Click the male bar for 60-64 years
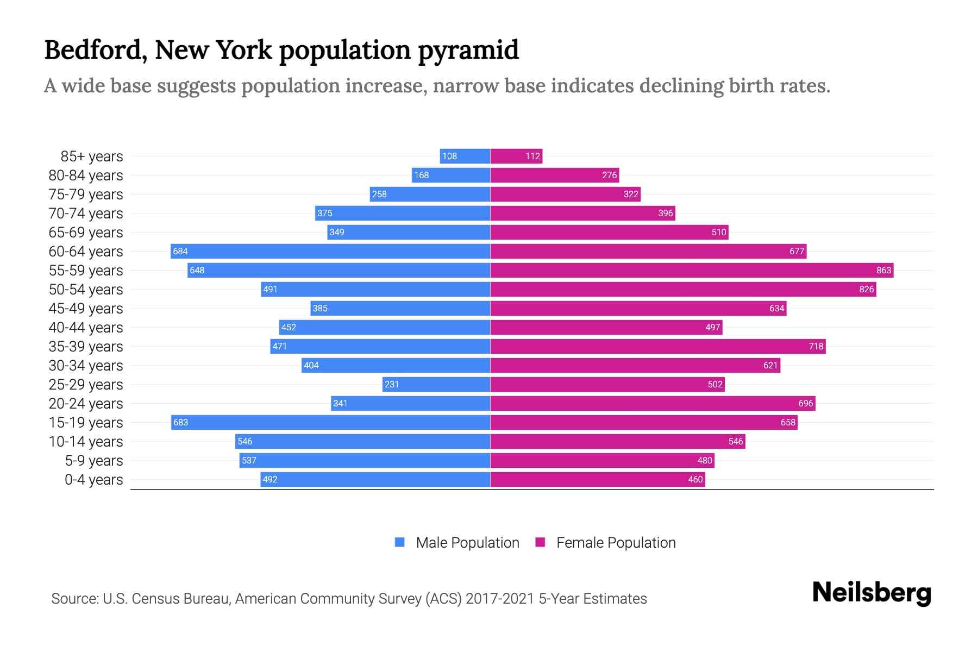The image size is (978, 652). pyautogui.click(x=330, y=251)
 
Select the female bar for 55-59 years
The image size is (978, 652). pyautogui.click(x=692, y=270)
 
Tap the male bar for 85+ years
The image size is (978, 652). pyautogui.click(x=465, y=156)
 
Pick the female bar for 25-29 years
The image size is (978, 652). pyautogui.click(x=607, y=384)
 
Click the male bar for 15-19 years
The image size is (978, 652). pyautogui.click(x=330, y=422)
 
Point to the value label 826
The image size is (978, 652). pyautogui.click(x=866, y=289)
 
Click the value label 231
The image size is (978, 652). pyautogui.click(x=391, y=384)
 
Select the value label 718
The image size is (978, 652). pyautogui.click(x=816, y=346)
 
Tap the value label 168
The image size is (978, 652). pyautogui.click(x=421, y=175)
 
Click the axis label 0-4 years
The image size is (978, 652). pyautogui.click(x=93, y=479)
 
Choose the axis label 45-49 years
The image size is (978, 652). pyautogui.click(x=86, y=308)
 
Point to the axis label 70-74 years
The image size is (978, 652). pyautogui.click(x=86, y=213)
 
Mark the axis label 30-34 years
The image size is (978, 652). pyautogui.click(x=86, y=365)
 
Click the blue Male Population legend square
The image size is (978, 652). pyautogui.click(x=400, y=542)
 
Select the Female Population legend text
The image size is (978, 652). pyautogui.click(x=616, y=542)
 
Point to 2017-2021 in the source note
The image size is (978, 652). pyautogui.click(x=499, y=598)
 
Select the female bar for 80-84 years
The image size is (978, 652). pyautogui.click(x=555, y=175)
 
